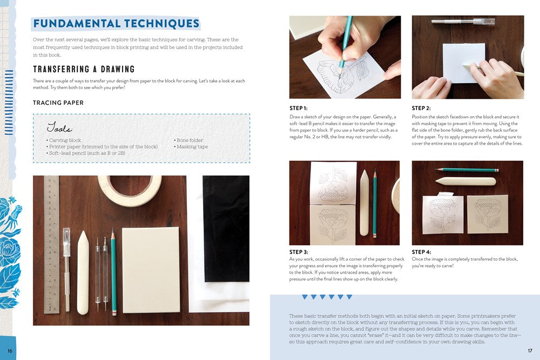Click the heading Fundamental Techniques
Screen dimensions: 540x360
117,23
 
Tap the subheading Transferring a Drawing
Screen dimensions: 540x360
84,69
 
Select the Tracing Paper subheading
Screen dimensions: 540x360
58,103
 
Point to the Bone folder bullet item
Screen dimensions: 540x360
188,140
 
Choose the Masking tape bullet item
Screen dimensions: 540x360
191,147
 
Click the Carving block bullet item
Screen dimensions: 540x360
64,140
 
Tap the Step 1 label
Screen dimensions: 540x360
298,108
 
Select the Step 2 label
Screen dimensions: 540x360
421,108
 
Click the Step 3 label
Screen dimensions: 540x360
299,252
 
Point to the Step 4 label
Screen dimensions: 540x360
421,252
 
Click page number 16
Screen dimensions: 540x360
10,351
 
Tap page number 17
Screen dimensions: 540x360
530,351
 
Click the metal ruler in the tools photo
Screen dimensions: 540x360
51,244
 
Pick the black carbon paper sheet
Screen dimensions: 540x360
226,228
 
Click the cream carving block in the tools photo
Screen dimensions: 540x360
151,270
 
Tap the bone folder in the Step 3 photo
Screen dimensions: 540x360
364,203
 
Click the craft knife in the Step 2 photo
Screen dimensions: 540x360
463,22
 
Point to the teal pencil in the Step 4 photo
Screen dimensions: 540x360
467,170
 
